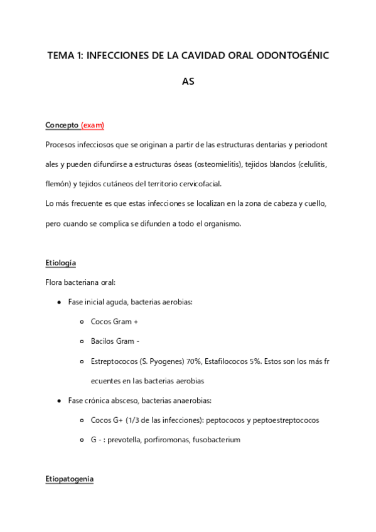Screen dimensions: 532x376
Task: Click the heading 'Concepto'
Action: point(62,125)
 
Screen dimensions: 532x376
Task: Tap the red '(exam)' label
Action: point(92,125)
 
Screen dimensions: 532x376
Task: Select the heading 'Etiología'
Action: point(61,262)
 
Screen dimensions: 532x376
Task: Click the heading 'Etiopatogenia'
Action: point(69,479)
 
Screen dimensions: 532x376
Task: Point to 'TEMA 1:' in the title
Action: point(65,56)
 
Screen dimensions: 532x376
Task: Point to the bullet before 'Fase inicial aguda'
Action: point(59,302)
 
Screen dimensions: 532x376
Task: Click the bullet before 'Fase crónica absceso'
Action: point(59,400)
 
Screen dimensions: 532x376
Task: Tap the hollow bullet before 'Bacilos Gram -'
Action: point(83,341)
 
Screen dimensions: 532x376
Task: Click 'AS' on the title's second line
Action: point(188,82)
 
